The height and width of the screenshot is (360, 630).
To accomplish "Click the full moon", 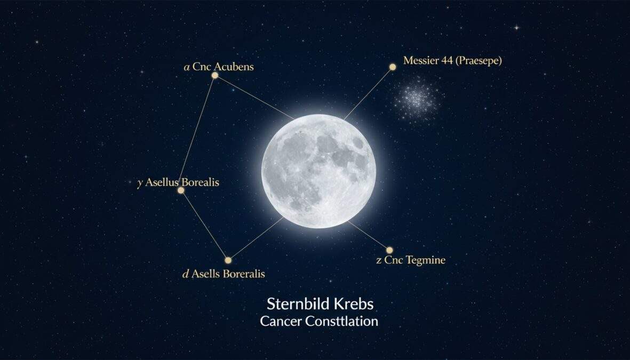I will (x=318, y=171).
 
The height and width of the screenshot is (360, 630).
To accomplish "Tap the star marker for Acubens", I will (x=215, y=76).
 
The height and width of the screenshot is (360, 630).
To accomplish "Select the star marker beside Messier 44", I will (x=393, y=67).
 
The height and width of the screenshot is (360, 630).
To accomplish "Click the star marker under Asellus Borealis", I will (x=181, y=190).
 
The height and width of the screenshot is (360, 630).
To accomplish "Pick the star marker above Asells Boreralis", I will (x=228, y=260).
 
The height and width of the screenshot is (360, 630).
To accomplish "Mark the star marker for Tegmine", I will (x=389, y=250).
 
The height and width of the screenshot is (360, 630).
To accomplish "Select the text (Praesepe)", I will (x=479, y=60).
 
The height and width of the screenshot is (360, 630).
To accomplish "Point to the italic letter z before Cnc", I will (x=379, y=261).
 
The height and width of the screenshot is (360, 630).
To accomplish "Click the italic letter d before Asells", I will (x=186, y=274).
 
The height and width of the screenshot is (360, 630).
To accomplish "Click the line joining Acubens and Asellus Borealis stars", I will (x=198, y=133).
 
